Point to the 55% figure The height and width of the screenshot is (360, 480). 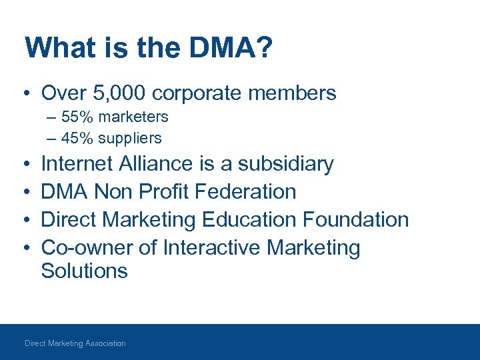(x=76, y=117)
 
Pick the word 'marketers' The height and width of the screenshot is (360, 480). (x=132, y=117)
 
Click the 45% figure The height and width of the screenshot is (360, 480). (x=76, y=138)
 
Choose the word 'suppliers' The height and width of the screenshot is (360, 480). (x=129, y=138)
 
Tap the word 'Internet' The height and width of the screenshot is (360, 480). (x=78, y=164)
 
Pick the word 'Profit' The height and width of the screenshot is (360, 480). (x=163, y=192)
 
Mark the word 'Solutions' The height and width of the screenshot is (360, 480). (x=84, y=271)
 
